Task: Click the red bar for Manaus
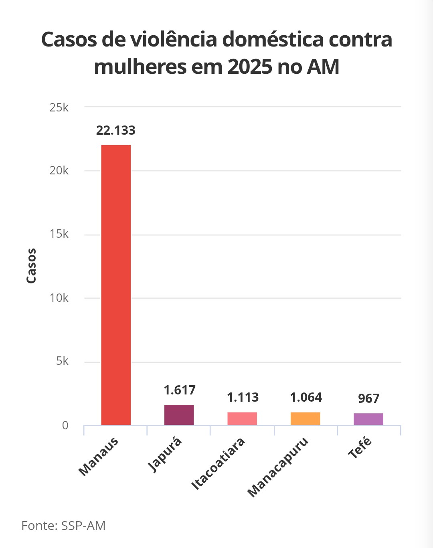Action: (x=116, y=285)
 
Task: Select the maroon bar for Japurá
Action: (x=179, y=415)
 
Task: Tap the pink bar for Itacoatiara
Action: (x=242, y=419)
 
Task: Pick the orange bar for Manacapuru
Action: (x=306, y=419)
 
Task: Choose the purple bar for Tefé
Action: (x=368, y=419)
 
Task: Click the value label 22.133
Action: (x=116, y=130)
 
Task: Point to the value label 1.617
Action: (x=180, y=390)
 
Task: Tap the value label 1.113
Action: (x=243, y=397)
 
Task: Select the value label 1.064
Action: (x=306, y=397)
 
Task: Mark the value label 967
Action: (x=368, y=398)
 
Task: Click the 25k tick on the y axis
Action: (x=59, y=107)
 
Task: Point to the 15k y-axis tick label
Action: (x=59, y=234)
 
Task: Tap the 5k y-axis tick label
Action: (x=62, y=361)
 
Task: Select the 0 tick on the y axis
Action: (x=65, y=425)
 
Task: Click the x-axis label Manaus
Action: (x=98, y=457)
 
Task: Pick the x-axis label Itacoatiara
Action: (x=218, y=464)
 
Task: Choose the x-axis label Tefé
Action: (x=360, y=448)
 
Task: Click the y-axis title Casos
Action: (x=31, y=266)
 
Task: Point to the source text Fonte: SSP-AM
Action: (x=63, y=526)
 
